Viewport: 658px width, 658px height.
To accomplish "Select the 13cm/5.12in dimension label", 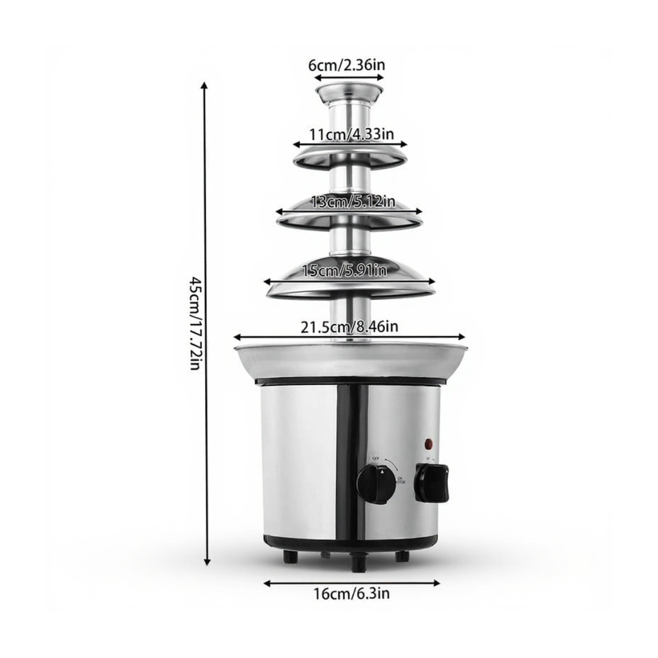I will point(352,202).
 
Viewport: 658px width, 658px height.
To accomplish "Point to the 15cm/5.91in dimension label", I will point(344,271).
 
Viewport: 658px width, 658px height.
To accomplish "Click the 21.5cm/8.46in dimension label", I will point(349,326).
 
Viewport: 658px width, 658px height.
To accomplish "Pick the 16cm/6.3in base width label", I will point(351,594).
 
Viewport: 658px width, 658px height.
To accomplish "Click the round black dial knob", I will point(376,483).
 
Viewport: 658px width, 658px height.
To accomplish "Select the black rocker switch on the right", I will point(431,483).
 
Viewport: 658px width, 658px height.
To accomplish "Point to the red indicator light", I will point(429,443).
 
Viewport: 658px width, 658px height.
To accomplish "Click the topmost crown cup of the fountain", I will point(349,94).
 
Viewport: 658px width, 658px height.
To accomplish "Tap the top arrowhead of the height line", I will point(205,85).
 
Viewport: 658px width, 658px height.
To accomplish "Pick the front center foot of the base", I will point(357,563).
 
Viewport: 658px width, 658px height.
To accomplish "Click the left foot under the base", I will point(290,556).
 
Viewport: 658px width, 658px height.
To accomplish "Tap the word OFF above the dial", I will point(376,458).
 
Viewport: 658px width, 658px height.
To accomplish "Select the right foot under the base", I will point(402,556).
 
